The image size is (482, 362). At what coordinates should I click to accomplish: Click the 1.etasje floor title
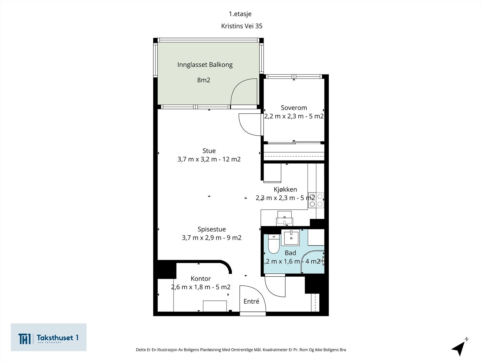click(x=240, y=14)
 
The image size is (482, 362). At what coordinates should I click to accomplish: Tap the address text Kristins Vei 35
click(x=242, y=26)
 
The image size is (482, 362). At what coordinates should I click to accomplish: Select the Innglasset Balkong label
click(x=205, y=65)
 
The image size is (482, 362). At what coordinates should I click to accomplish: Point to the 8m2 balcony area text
click(x=204, y=80)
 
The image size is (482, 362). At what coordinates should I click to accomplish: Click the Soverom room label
click(x=294, y=108)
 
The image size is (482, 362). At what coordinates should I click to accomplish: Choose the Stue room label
click(x=209, y=151)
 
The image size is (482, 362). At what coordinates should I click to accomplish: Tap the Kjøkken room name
click(x=285, y=189)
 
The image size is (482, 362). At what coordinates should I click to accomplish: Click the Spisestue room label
click(x=212, y=230)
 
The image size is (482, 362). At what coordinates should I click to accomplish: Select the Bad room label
click(x=290, y=253)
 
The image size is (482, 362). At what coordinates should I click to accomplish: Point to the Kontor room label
click(x=201, y=279)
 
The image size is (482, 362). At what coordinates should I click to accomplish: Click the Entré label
click(x=252, y=301)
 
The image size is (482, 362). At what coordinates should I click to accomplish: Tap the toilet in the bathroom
click(x=274, y=244)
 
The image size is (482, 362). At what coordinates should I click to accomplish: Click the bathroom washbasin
click(x=290, y=237)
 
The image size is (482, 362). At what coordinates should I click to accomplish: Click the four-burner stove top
click(x=316, y=200)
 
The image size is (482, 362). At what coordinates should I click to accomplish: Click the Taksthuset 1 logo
click(x=49, y=337)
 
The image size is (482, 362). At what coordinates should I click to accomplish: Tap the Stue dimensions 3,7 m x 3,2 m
click(x=197, y=159)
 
